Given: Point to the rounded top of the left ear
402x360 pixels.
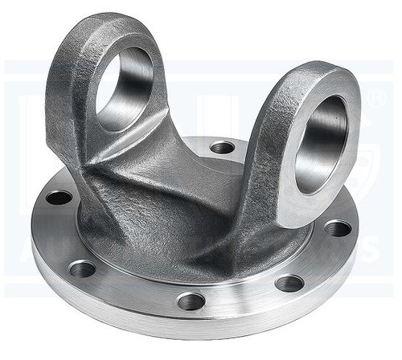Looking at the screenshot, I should pos(113,22).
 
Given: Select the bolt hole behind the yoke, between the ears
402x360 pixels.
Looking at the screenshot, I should pos(222,147).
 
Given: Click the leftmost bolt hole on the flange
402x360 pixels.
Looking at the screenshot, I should pos(58,197).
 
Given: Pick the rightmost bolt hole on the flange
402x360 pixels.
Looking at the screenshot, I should pos(338,228).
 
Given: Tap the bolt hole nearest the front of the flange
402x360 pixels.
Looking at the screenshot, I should pos(191,301).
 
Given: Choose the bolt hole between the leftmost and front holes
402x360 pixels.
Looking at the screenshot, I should pos(82,268).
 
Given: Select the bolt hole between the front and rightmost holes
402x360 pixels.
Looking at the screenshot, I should pos(289,283).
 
